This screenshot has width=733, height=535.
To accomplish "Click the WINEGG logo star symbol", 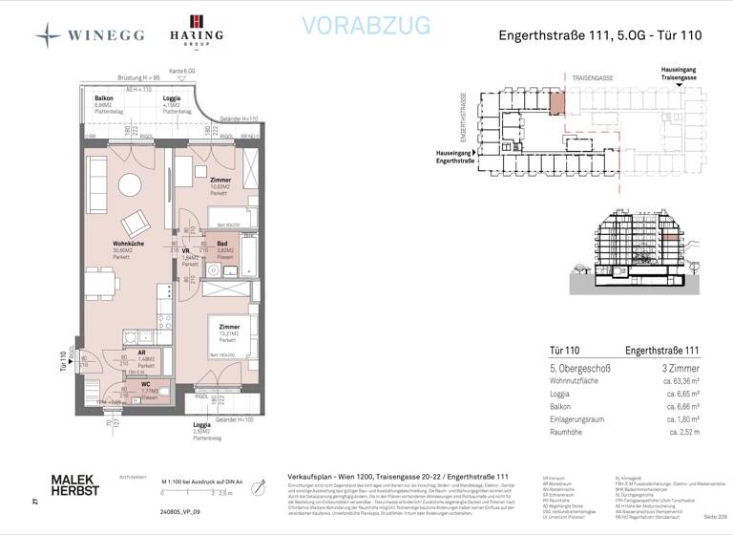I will pos(48,35).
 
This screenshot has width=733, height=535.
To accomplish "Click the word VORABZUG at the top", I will pos(366,27).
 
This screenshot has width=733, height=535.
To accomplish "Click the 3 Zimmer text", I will pos(681,367).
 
